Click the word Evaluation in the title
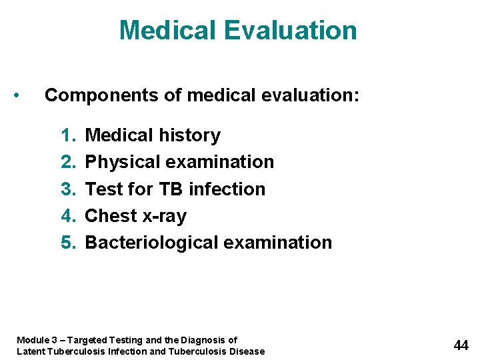(291, 31)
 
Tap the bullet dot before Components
(23, 95)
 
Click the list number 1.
(68, 135)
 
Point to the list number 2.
(68, 162)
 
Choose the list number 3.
(68, 189)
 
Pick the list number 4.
(68, 216)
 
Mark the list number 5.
(68, 243)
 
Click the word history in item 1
(190, 135)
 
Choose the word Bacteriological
(151, 243)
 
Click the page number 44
(461, 345)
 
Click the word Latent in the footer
(29, 351)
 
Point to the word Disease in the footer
(247, 351)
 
